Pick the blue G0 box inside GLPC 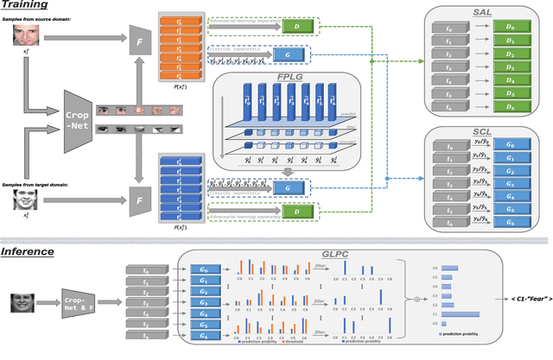tap(204, 269)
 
